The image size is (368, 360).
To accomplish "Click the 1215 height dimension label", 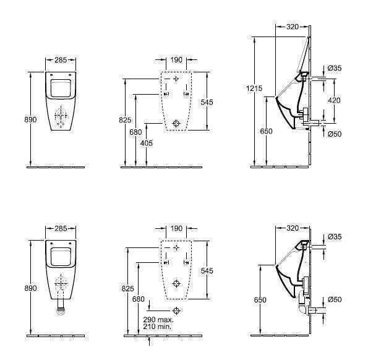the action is (254, 88).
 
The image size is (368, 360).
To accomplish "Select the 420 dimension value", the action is (334, 100).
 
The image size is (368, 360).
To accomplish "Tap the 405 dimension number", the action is (146, 143).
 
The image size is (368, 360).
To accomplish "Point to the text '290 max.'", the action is (158, 319).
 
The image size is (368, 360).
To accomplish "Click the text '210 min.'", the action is (157, 326).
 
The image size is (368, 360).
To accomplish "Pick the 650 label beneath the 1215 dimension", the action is (266, 131).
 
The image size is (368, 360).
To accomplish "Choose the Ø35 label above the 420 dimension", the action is (335, 68).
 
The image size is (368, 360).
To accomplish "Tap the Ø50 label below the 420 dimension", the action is (335, 134).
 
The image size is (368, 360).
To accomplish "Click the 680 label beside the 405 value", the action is (135, 132).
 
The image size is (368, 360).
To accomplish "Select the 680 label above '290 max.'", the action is (139, 299).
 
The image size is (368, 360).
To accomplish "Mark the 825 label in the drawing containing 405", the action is (125, 120).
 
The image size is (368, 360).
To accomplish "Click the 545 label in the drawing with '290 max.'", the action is (207, 270).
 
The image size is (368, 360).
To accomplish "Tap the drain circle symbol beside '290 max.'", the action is (176, 311).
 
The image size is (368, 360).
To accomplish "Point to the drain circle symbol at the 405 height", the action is (176, 123).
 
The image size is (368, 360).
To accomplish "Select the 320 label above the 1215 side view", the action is (293, 27).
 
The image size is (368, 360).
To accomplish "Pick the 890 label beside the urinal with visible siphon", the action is (30, 288).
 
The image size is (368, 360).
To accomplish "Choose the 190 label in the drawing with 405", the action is (176, 60).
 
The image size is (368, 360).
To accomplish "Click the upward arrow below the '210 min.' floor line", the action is (149, 341).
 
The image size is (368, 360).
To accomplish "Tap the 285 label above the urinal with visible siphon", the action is (61, 228).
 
